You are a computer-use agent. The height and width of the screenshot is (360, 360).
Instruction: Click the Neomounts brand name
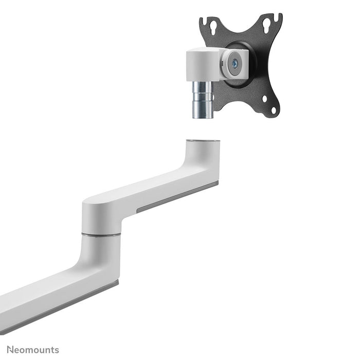pos(33,350)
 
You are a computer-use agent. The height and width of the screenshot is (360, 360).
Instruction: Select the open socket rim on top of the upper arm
pos(203,140)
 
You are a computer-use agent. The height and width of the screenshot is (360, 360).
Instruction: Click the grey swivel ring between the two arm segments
pos(101,235)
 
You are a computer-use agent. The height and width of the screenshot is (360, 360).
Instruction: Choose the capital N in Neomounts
pos(10,350)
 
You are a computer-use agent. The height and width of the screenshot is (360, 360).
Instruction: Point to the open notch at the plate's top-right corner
pos(278,18)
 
